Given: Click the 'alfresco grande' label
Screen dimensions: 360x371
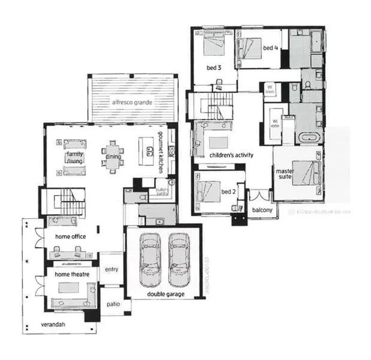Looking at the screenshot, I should pyautogui.click(x=133, y=103).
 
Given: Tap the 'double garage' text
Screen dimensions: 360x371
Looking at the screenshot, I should pyautogui.click(x=158, y=295).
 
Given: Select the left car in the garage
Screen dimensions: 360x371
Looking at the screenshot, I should pyautogui.click(x=149, y=259).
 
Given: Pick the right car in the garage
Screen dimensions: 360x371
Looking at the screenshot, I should pyautogui.click(x=179, y=259).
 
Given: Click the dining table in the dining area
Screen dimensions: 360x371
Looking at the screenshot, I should pyautogui.click(x=112, y=157).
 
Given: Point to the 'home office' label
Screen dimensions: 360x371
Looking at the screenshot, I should pyautogui.click(x=70, y=236).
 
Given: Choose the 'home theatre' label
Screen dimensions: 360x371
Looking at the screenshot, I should pyautogui.click(x=71, y=274).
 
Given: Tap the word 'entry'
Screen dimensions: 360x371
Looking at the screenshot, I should pyautogui.click(x=111, y=269).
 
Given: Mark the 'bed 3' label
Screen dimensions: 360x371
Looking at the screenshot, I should pyautogui.click(x=214, y=68).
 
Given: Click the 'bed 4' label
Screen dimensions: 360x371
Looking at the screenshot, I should pyautogui.click(x=270, y=47).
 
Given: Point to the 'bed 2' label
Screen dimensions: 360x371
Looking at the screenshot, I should pyautogui.click(x=228, y=191).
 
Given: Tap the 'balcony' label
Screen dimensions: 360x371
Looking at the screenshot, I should pyautogui.click(x=262, y=210).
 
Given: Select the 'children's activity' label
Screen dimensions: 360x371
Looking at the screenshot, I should pyautogui.click(x=231, y=155).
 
